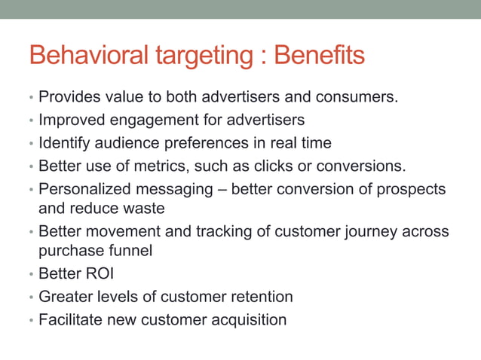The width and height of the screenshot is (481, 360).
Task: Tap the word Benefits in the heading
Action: point(320,56)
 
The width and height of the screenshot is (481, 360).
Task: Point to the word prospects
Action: point(415,189)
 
